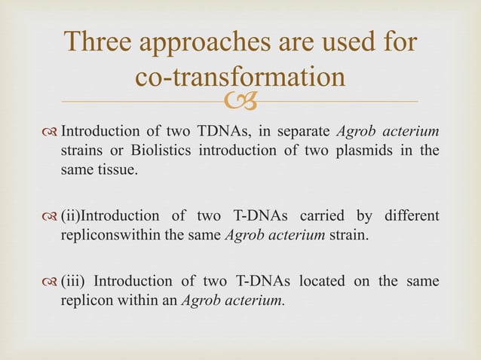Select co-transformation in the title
tap(240, 78)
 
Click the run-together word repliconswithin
tap(103, 234)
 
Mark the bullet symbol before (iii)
tap(51, 282)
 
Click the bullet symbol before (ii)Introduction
tap(51, 218)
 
